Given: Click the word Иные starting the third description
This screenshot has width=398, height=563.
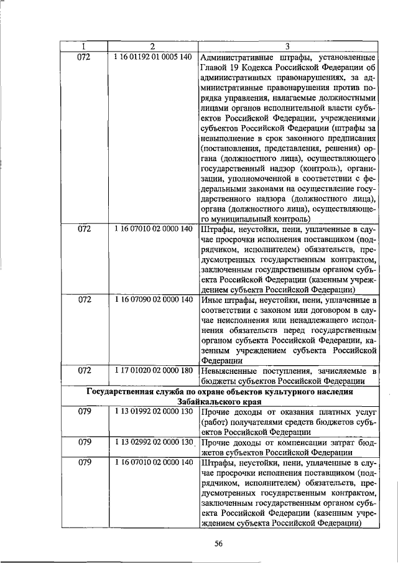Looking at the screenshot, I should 211,299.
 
